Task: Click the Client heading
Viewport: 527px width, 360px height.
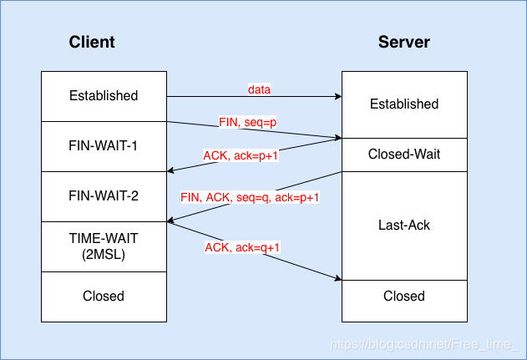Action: (x=92, y=42)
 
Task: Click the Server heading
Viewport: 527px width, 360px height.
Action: (x=404, y=42)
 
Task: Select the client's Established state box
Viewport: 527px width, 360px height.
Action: (x=104, y=95)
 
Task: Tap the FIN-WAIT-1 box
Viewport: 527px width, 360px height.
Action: (x=104, y=146)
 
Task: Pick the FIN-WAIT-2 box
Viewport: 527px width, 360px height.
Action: (x=104, y=196)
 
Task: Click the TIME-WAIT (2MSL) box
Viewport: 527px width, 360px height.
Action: (x=104, y=246)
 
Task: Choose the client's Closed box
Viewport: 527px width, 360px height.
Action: (x=104, y=296)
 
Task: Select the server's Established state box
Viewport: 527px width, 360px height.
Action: (x=404, y=104)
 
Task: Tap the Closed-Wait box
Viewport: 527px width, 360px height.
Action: (x=404, y=155)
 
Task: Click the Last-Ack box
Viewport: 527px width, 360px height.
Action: (x=404, y=226)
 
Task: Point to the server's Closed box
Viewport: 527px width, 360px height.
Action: (x=404, y=296)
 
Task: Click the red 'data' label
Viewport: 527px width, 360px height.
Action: (x=260, y=89)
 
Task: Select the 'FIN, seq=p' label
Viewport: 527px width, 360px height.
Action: (x=247, y=122)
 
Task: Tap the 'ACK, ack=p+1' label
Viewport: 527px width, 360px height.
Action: (x=241, y=155)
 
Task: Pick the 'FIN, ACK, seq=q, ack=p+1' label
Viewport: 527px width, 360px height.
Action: (x=251, y=197)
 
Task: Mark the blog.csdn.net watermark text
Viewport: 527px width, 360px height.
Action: (x=424, y=343)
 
